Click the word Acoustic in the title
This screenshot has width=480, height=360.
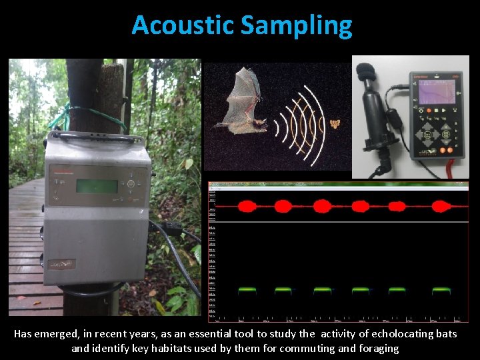(x=183, y=25)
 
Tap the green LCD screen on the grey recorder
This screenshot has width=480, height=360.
(x=96, y=186)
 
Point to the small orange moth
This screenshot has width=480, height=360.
(x=335, y=124)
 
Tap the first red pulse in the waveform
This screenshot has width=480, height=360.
(x=247, y=205)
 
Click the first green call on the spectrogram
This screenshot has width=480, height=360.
(x=247, y=290)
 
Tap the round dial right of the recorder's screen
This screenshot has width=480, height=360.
(x=131, y=184)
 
